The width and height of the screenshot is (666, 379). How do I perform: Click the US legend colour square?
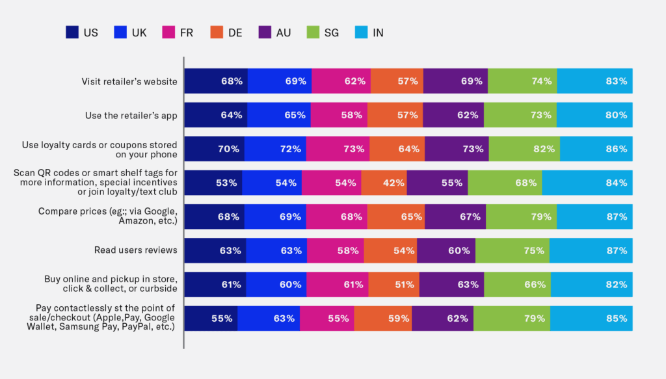[x=73, y=32]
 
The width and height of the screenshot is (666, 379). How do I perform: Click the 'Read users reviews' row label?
[x=136, y=250]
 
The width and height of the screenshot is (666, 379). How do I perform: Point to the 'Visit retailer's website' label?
[x=129, y=81]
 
